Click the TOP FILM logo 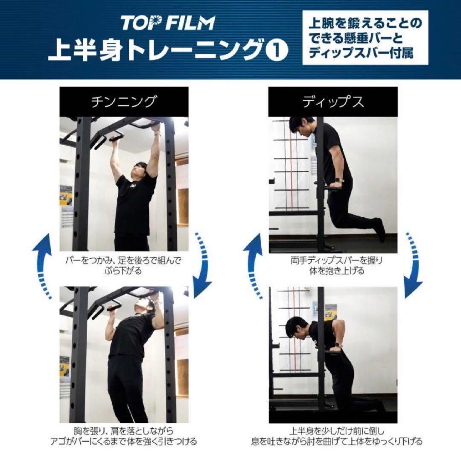pyautogui.click(x=168, y=23)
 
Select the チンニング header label pyautogui.click(x=123, y=102)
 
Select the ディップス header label pyautogui.click(x=333, y=102)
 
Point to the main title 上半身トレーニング pyautogui.click(x=155, y=51)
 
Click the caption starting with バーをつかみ pyautogui.click(x=123, y=266)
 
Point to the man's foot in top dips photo pyautogui.click(x=380, y=228)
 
